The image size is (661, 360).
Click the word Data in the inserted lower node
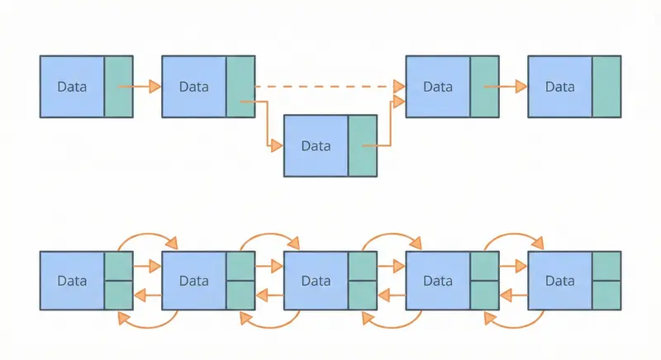(316, 146)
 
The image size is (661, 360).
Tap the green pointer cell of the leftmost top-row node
(118, 86)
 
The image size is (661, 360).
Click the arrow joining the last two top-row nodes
(506, 86)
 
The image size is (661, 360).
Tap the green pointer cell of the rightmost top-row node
(606, 86)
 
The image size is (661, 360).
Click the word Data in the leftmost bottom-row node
(72, 281)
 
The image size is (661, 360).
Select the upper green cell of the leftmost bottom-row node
(118, 267)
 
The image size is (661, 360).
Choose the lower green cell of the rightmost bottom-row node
(606, 295)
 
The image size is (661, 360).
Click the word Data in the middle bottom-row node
(316, 281)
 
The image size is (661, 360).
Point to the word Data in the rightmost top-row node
(559, 87)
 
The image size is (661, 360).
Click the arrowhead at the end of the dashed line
(399, 86)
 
